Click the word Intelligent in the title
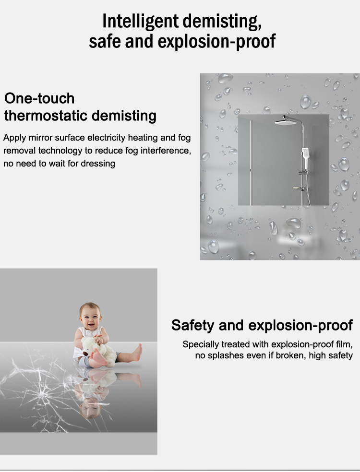click(140, 22)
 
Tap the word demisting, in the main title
click(222, 22)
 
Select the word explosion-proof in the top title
click(216, 41)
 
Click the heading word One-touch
click(39, 98)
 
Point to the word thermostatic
click(46, 116)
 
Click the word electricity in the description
click(107, 138)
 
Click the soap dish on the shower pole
click(298, 189)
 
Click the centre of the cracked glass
click(39, 392)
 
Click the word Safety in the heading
click(192, 325)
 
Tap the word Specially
click(201, 344)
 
